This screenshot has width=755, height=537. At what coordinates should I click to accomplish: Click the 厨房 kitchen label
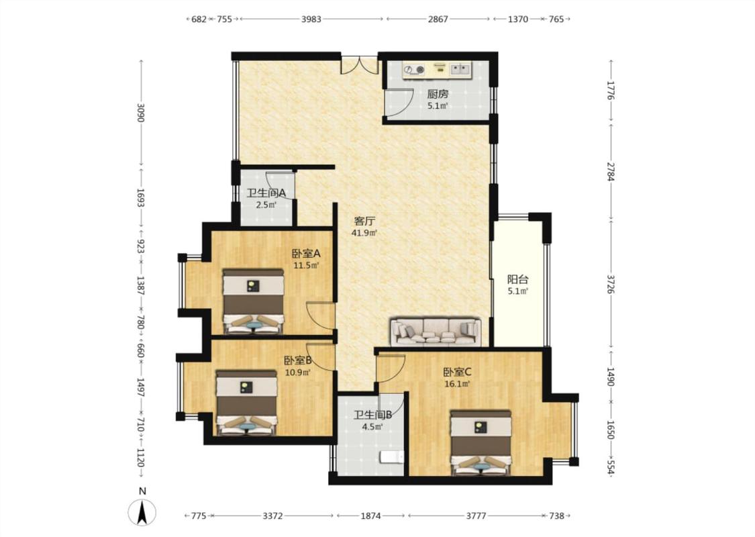coord(437,94)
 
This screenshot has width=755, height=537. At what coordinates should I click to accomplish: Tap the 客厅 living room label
coord(364,222)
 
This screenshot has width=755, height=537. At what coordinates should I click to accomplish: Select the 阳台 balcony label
coord(517,279)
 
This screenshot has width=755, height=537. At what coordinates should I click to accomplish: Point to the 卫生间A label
coord(266,193)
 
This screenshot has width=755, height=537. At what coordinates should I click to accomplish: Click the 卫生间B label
coord(372,415)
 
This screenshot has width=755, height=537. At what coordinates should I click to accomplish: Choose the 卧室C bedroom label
coord(457,373)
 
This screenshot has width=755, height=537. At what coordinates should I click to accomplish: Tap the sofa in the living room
coord(436,332)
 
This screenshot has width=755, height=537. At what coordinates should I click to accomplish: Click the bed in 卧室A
coord(253,301)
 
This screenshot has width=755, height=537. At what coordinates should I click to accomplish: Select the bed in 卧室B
coord(246,403)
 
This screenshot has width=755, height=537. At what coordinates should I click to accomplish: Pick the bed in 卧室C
coord(481,442)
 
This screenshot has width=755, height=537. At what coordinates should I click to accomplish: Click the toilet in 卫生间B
coord(391,456)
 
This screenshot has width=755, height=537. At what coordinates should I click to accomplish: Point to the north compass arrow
coord(142,512)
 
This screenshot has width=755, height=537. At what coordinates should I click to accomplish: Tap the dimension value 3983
coord(311,19)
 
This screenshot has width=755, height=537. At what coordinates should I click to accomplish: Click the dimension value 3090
coord(141,113)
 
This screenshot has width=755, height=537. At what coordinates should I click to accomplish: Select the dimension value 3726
coord(611,284)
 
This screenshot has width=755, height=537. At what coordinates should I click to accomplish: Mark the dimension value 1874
coord(370,516)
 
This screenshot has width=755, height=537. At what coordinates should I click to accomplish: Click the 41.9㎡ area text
coord(364,233)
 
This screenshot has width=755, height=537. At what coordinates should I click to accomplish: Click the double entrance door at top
coord(360,66)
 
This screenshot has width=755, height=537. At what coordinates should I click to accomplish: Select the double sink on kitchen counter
coord(460,70)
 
